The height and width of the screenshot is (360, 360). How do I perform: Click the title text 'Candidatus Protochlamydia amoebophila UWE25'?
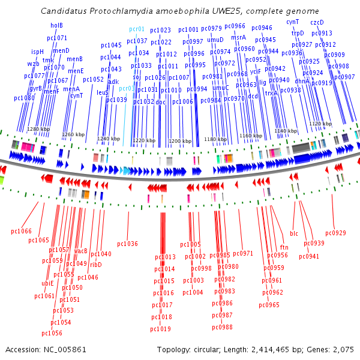coord(180,11)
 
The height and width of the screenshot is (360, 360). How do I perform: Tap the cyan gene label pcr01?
coord(137,29)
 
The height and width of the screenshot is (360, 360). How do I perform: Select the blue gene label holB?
coord(56,25)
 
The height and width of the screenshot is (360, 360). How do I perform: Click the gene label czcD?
coord(317,22)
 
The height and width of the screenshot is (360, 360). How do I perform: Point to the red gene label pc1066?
coord(21,231)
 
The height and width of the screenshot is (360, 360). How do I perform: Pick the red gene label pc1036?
coord(127,244)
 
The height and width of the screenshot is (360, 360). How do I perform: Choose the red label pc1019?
coord(160,329)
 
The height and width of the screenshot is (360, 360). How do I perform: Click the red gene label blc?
coord(294,233)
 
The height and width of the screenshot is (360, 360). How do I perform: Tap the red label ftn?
coord(284,247)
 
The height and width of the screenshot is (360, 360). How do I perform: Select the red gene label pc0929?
coord(335,233)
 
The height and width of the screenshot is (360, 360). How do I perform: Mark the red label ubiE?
coord(47,283)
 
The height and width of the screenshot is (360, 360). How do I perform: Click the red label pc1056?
coord(52,333)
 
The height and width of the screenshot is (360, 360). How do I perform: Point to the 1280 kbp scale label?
coord(38,129)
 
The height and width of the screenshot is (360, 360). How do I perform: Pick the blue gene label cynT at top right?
coord(292,22)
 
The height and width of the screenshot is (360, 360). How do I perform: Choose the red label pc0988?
coord(222,327)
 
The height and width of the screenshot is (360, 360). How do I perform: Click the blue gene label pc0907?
coord(344,77)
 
